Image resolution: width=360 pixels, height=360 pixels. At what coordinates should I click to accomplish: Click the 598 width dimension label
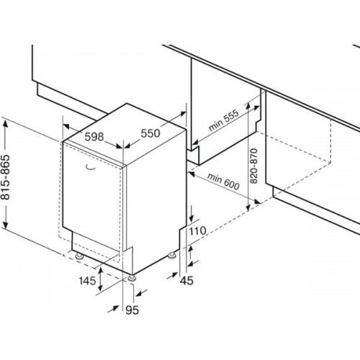pyautogui.click(x=94, y=137)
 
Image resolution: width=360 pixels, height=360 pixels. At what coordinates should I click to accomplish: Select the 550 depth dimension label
pyautogui.click(x=150, y=133)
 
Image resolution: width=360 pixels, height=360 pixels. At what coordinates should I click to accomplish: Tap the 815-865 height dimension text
pyautogui.click(x=5, y=177)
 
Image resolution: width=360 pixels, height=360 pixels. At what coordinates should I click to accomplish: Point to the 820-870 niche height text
pyautogui.click(x=253, y=166)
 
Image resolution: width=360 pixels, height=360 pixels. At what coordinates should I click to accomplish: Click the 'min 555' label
pyautogui.click(x=224, y=120)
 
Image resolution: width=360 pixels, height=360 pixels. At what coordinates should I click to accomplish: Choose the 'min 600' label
pyautogui.click(x=223, y=181)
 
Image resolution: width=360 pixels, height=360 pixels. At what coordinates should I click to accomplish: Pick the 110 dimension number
pyautogui.click(x=197, y=231)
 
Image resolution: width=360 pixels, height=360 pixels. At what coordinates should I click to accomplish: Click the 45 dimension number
pyautogui.click(x=186, y=280)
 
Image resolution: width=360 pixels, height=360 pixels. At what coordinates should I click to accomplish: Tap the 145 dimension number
pyautogui.click(x=87, y=280)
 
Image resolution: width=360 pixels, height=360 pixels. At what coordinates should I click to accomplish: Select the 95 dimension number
pyautogui.click(x=132, y=310)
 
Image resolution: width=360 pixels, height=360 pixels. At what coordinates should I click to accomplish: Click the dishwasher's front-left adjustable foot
pyautogui.click(x=79, y=256)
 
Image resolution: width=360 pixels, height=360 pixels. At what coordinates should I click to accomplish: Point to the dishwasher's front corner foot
pyautogui.click(x=132, y=278)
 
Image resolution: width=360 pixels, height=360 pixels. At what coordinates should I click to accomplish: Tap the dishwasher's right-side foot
pyautogui.click(x=172, y=256)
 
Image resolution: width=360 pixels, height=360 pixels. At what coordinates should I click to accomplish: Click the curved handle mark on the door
pyautogui.click(x=91, y=168)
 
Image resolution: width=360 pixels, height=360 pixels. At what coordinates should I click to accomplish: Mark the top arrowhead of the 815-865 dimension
pyautogui.click(x=6, y=123)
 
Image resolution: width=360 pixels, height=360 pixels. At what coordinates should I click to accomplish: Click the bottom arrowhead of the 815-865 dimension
pyautogui.click(x=6, y=225)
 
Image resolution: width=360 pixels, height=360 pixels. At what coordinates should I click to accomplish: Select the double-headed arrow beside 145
pyautogui.click(x=101, y=279)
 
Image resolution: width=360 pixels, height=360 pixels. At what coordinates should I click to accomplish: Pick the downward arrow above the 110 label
pyautogui.click(x=192, y=214)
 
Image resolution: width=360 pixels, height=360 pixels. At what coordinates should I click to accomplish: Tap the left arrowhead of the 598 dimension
pyautogui.click(x=66, y=126)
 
